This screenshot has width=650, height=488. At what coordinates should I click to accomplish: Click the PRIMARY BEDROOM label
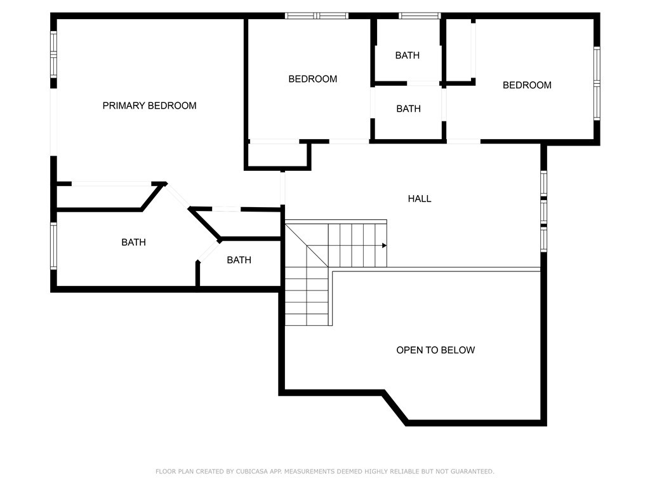(149, 105)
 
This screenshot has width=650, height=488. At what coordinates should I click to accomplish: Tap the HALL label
(419, 199)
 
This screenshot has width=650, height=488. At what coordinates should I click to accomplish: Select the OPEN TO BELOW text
(435, 350)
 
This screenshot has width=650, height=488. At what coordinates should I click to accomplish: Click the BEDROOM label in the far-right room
(527, 85)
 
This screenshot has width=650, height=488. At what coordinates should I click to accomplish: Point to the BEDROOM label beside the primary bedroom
(312, 79)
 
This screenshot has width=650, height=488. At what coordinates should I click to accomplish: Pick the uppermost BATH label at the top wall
(407, 55)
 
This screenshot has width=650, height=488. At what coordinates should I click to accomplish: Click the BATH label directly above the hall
(408, 109)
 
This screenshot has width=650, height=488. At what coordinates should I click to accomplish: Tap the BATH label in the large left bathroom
(133, 242)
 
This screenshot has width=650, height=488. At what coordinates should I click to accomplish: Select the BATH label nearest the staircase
(239, 260)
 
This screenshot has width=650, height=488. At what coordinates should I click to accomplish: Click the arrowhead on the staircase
(385, 245)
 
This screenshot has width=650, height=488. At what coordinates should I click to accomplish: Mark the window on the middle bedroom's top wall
(317, 15)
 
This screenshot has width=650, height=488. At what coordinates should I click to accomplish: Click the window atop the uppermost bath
(420, 15)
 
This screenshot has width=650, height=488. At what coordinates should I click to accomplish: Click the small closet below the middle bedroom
(277, 156)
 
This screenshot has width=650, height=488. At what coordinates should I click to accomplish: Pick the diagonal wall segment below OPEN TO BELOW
(395, 407)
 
